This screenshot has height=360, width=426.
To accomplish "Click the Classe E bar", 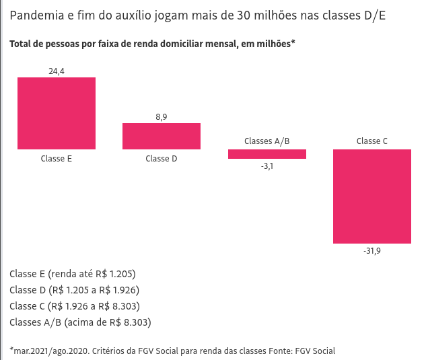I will pos(57,113).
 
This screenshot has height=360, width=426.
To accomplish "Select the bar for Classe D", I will pos(162,136).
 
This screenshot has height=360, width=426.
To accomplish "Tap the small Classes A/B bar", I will pos(267,154).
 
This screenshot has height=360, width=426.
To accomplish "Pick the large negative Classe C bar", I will pos(372,196).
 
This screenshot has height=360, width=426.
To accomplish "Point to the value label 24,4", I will pos(57,71).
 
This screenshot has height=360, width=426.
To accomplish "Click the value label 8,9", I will pos(162,117).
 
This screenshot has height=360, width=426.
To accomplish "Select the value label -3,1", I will pos(267,166).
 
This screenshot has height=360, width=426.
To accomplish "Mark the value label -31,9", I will pos(372,251).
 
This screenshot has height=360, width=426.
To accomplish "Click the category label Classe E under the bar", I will pos(57,159).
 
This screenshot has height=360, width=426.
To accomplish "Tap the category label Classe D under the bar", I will pos(162,159).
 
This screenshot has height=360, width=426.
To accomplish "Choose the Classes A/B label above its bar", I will pos(267,141).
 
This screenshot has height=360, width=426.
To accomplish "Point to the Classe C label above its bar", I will pos(372,141).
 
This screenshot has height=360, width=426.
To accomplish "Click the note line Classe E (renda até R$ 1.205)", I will pos(73,274).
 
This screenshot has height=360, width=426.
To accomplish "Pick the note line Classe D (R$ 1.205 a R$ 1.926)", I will pos(75,290).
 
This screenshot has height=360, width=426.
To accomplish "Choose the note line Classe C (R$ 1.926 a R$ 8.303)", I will pos(75,306).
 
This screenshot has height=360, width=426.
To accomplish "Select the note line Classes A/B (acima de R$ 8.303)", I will pos(81,322).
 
